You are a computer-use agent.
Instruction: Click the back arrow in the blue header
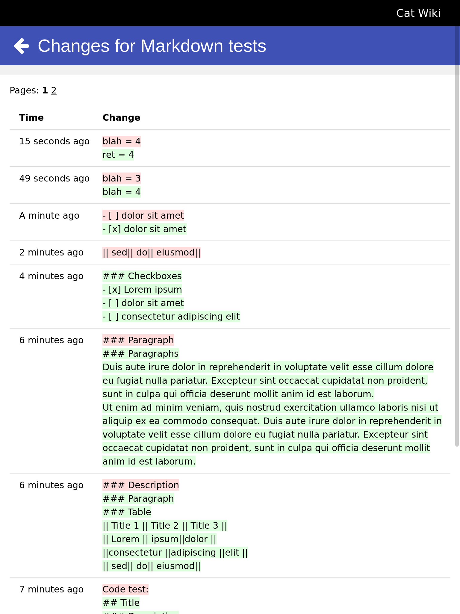tap(22, 46)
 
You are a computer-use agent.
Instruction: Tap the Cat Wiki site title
tap(418, 13)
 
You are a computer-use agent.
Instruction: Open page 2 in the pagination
tap(54, 90)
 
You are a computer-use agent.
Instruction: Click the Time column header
tap(31, 118)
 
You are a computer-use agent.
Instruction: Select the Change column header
tap(121, 118)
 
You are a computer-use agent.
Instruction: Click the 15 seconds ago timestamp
tap(54, 141)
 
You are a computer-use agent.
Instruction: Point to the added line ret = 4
tap(118, 155)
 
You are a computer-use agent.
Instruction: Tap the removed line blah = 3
tap(121, 179)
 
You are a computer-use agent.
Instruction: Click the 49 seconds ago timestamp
tap(54, 179)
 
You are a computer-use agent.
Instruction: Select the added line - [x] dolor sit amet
tap(144, 229)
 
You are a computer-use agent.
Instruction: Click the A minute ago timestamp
tap(49, 216)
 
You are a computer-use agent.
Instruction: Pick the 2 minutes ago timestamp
tap(51, 252)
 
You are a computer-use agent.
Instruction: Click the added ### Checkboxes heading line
tap(142, 276)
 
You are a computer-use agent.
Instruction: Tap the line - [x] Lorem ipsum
tap(142, 290)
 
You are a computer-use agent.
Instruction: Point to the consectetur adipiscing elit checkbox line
tap(171, 317)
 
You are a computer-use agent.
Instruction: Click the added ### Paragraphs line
tap(140, 354)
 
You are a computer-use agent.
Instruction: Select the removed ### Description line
tap(140, 485)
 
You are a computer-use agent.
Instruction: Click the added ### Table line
tap(127, 512)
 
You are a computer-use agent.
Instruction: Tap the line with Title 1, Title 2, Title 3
tap(165, 526)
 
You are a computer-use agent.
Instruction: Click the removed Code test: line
tap(125, 589)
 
